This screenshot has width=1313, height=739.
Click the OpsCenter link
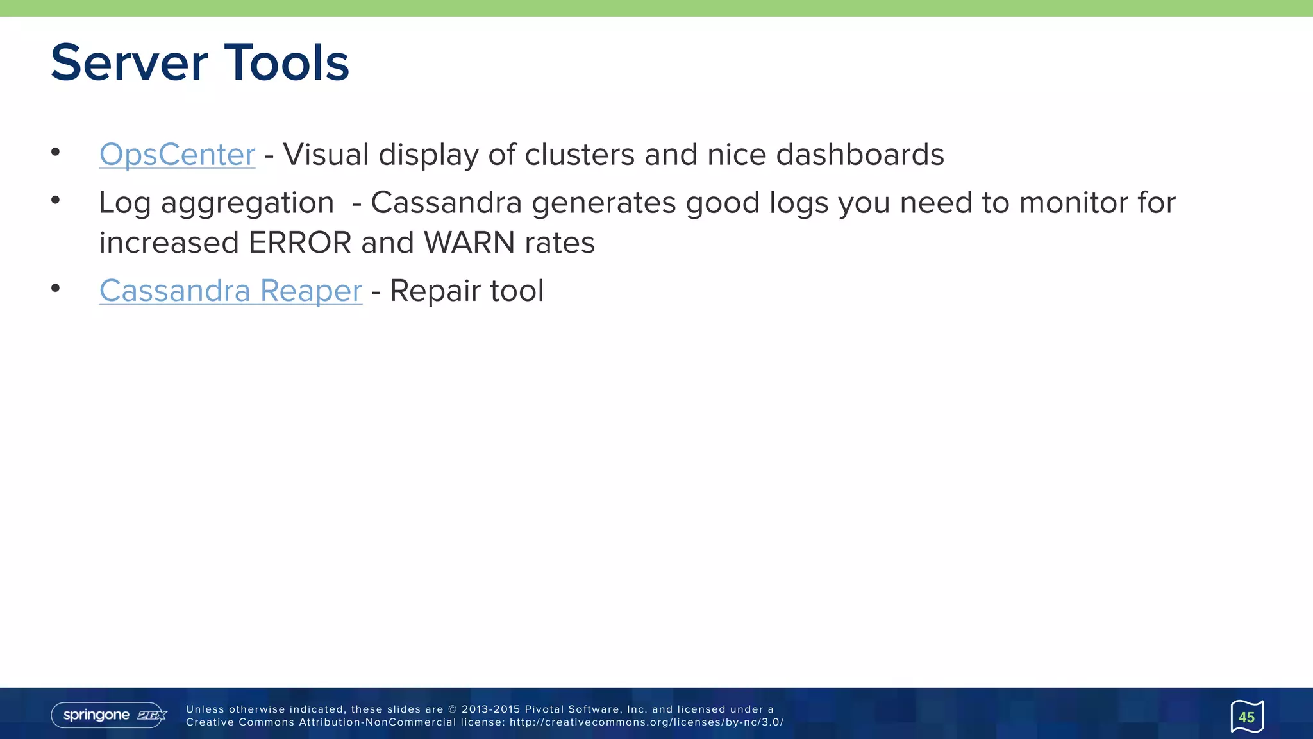[177, 155]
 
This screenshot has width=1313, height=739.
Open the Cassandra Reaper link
[231, 291]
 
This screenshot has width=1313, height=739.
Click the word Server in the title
[129, 63]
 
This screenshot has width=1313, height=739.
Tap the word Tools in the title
[287, 63]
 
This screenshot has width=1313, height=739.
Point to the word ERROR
[299, 243]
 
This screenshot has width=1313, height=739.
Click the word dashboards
[860, 155]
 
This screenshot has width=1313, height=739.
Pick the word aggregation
[247, 204]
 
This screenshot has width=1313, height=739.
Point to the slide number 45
[1246, 717]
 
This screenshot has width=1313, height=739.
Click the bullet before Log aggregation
[56, 200]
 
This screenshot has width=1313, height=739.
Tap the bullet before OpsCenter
[56, 152]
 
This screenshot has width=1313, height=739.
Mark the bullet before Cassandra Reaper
[56, 288]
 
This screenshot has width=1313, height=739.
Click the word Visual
[326, 155]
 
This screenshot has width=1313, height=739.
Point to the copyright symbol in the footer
[452, 709]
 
